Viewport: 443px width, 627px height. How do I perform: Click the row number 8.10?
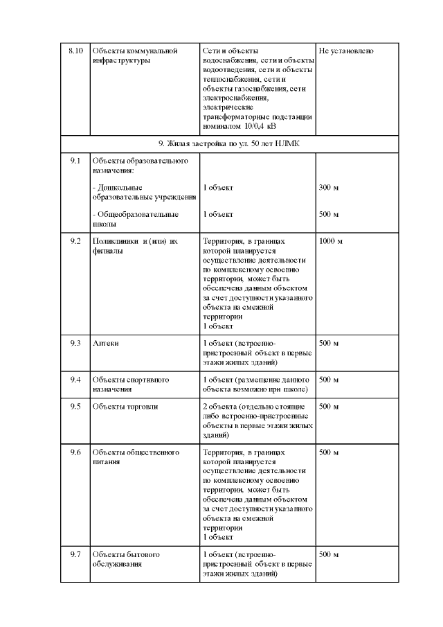point(75,51)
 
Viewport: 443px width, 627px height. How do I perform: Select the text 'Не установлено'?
point(347,51)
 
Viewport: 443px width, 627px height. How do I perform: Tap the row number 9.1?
point(75,161)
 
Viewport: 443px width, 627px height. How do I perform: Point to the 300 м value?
point(329,188)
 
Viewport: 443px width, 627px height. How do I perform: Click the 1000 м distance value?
point(331,241)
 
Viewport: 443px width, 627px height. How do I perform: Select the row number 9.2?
point(75,241)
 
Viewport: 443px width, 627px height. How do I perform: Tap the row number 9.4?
point(75,380)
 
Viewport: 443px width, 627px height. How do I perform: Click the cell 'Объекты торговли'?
point(125,407)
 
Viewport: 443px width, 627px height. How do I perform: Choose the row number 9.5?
point(75,407)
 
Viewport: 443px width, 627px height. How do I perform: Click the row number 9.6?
point(75,452)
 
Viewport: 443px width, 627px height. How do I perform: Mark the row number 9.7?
point(75,555)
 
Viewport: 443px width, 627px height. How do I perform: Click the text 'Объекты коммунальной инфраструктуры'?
point(135,55)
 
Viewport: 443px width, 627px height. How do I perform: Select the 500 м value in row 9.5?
point(329,407)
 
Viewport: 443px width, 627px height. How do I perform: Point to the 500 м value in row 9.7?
point(329,555)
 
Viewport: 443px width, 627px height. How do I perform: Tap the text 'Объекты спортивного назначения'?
point(131,384)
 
